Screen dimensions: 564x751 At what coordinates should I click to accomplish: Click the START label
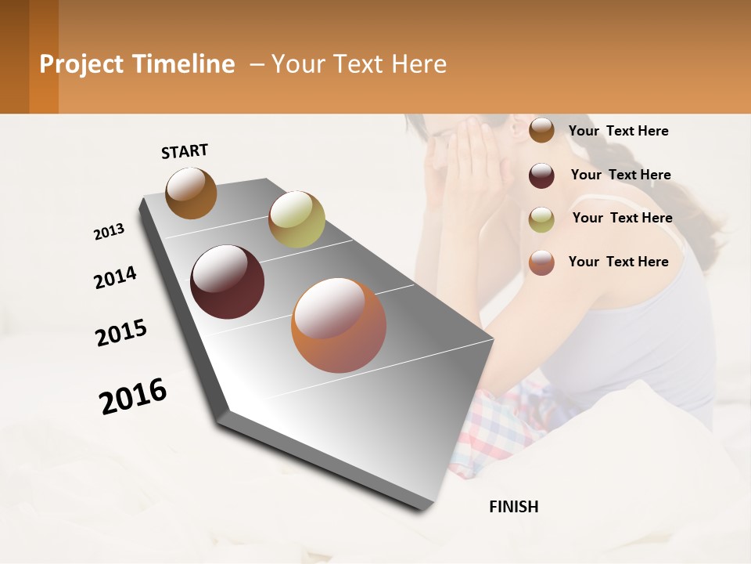tap(185, 151)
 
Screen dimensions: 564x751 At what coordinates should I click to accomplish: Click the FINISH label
tap(513, 507)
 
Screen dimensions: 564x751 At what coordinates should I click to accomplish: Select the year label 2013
tap(109, 232)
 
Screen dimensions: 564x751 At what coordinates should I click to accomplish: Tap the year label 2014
tap(115, 277)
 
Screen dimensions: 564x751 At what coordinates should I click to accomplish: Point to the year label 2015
tap(121, 333)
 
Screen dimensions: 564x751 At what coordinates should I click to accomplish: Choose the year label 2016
tap(133, 396)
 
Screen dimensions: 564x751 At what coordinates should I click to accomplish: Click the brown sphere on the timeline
tap(191, 193)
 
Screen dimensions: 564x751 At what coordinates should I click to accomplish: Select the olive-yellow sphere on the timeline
tap(296, 219)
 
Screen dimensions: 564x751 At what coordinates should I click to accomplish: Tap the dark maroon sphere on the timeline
tap(228, 282)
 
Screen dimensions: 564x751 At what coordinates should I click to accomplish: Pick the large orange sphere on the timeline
tap(339, 325)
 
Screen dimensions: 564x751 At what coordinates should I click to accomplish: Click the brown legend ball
tap(541, 131)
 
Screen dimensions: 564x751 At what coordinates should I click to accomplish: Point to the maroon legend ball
tap(541, 175)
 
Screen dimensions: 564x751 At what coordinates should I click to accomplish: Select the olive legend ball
tap(541, 219)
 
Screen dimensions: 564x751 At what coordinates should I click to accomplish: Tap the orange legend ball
tap(541, 263)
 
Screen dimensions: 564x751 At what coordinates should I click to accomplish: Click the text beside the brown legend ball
tap(618, 131)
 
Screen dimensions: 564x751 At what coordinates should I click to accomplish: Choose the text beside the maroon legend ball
tap(620, 175)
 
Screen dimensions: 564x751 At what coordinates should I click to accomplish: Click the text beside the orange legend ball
tap(618, 262)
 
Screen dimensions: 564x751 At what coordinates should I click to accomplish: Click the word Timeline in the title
tap(184, 64)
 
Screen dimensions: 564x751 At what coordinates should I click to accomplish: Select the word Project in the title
tap(81, 64)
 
